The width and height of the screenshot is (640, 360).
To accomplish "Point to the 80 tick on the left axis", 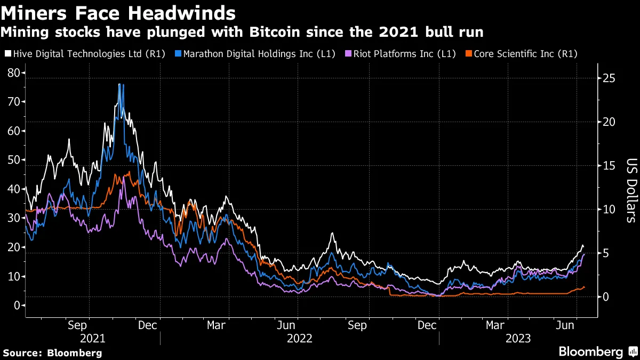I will click(x=14, y=73).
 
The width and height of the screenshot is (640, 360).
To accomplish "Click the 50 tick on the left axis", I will click(x=14, y=160).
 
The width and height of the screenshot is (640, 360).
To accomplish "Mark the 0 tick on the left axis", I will click(x=17, y=306).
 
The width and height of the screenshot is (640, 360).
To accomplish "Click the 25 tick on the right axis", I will click(x=609, y=78).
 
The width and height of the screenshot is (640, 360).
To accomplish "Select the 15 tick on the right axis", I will click(x=609, y=166).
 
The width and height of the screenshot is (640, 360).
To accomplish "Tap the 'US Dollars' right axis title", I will click(x=631, y=190).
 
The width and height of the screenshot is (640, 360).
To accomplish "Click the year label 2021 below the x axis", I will click(x=93, y=339).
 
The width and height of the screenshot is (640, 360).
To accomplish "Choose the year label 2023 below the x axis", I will click(x=518, y=339).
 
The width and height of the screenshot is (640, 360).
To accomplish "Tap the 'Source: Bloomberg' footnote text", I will click(x=52, y=353).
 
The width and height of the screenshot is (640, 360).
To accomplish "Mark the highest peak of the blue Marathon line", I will click(x=119, y=84).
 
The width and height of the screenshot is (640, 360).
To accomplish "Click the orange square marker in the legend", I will click(x=468, y=54).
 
